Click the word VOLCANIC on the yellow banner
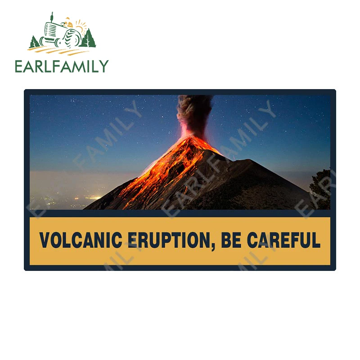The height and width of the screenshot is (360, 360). point(81,240)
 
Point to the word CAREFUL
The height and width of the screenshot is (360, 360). point(283,240)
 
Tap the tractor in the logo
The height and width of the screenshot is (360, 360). point(61,34)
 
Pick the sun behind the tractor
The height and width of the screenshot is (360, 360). point(80,25)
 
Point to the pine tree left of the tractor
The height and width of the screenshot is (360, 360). point(34,43)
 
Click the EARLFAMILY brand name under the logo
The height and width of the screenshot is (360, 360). point(62,67)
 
